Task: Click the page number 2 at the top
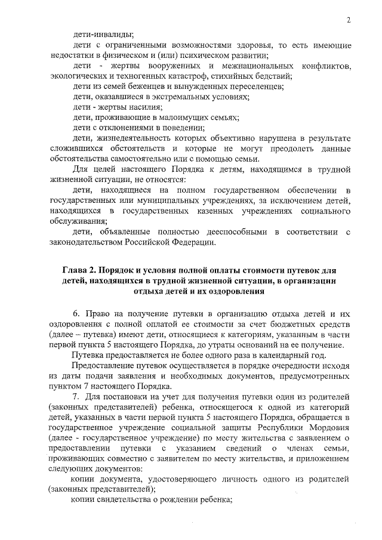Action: (x=347, y=21)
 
